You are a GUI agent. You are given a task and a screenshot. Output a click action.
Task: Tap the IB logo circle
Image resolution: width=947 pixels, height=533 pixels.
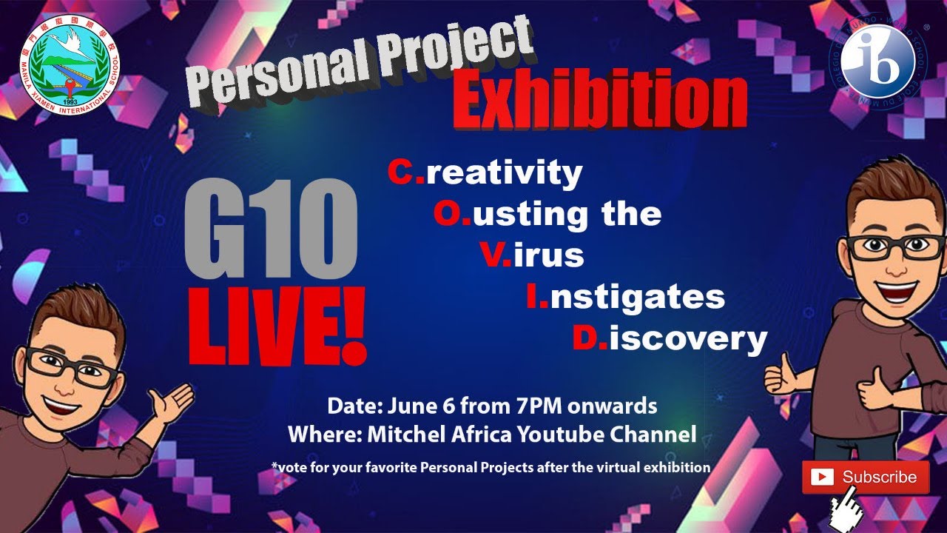pos(878,63)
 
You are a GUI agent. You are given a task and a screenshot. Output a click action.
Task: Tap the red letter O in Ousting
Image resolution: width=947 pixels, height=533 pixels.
pos(447,214)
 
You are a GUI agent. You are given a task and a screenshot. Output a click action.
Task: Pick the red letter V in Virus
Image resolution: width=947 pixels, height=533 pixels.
pos(492,255)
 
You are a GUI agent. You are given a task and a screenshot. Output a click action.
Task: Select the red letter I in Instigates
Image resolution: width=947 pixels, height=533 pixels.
pos(533,297)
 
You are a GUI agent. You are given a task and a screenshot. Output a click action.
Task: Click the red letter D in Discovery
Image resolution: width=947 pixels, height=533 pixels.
pos(585,338)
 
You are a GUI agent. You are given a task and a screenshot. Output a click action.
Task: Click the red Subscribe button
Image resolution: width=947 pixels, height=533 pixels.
pos(865,477)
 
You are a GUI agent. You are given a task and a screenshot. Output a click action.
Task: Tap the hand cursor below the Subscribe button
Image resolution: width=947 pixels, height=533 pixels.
pos(847,511)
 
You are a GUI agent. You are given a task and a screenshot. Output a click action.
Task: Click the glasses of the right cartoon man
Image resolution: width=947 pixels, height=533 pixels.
pos(894,247)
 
